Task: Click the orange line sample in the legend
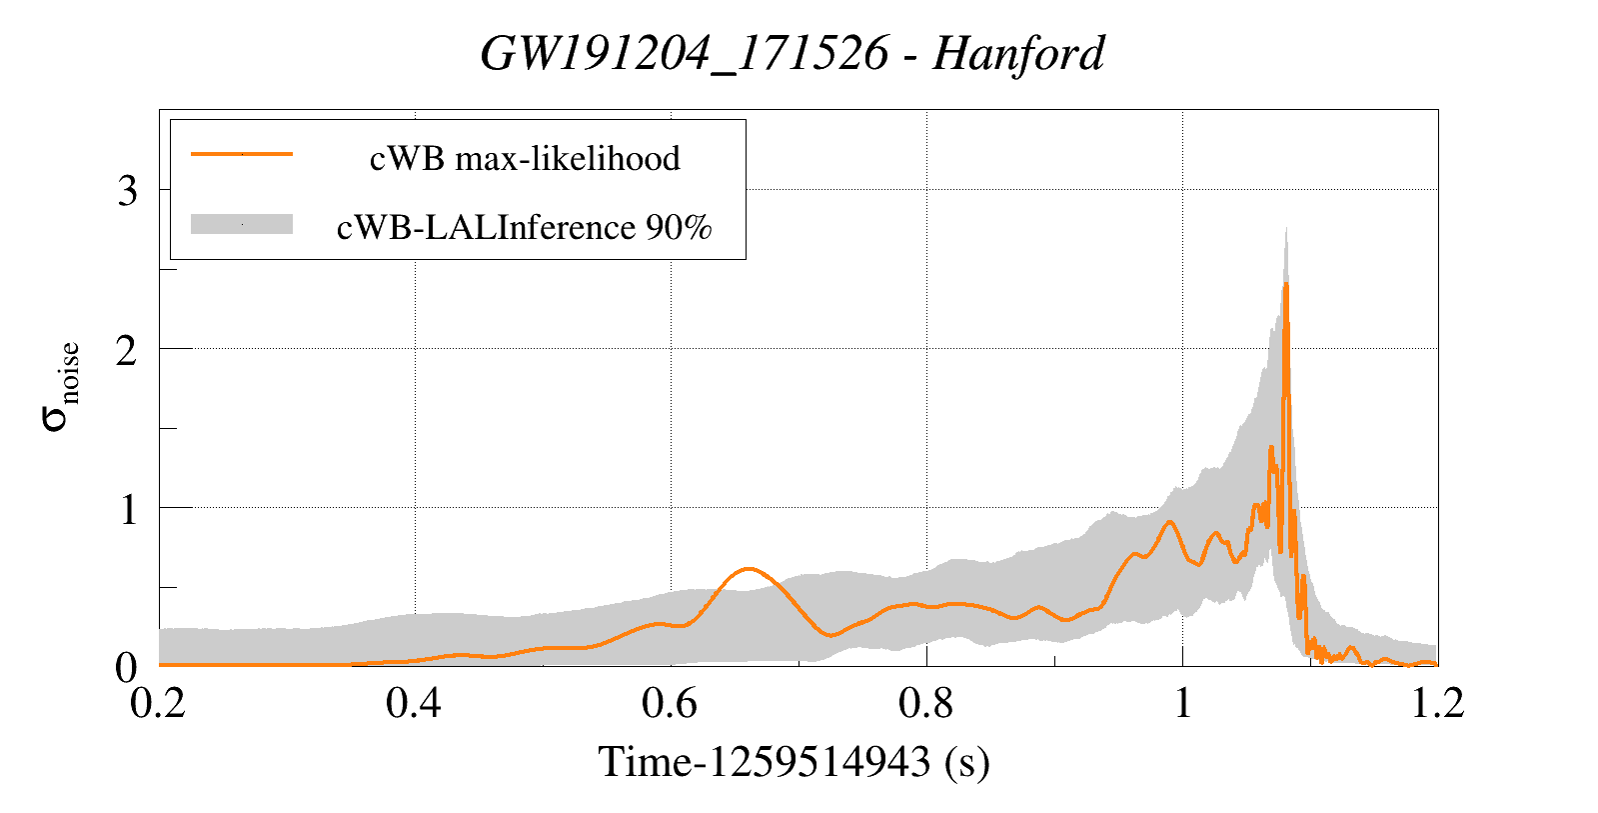click(x=242, y=154)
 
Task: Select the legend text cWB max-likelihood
click(x=525, y=158)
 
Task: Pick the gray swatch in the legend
click(x=242, y=225)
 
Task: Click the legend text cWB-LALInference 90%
click(x=525, y=228)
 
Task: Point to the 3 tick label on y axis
click(x=127, y=190)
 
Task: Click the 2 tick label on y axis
click(x=127, y=349)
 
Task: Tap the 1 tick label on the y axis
click(x=127, y=509)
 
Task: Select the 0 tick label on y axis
click(x=127, y=667)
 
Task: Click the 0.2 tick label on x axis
click(x=159, y=703)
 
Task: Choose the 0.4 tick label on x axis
click(x=414, y=703)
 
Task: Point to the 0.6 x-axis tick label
click(x=670, y=703)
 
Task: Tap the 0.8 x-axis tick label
click(x=925, y=703)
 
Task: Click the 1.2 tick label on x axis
click(x=1436, y=703)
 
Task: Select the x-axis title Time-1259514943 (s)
click(x=794, y=762)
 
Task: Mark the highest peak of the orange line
click(x=1286, y=284)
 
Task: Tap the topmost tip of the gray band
click(x=1285, y=228)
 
